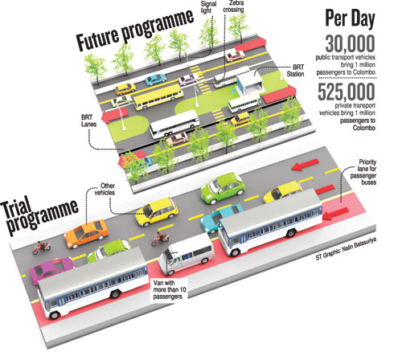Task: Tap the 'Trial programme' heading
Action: pos(40,215)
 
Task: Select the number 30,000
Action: pos(350,44)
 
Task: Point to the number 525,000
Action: pos(347,92)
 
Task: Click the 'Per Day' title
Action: pos(350,19)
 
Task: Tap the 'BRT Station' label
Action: pos(295,70)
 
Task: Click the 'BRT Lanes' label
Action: pos(87,121)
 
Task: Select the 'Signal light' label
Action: pos(208,7)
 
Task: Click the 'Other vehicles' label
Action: pos(105,189)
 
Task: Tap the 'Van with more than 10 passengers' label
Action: pos(170,290)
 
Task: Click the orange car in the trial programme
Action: pos(86,234)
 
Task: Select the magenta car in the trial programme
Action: pos(51,269)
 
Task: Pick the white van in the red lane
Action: pos(186,255)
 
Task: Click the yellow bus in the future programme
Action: pos(158,96)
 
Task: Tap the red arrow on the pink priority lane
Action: pos(336,213)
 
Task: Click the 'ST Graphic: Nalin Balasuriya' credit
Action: pos(346,248)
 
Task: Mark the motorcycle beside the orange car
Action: pos(42,247)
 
